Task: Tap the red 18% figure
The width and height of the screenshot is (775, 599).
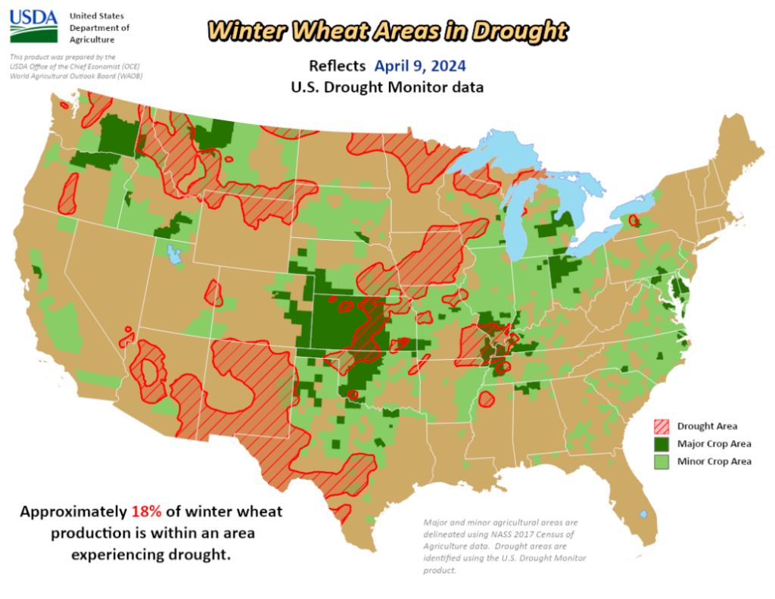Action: [147, 511]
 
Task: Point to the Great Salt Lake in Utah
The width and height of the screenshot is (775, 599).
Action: [174, 254]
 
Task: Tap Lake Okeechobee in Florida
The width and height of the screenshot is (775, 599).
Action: [643, 514]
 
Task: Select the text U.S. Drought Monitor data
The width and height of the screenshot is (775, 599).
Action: [387, 87]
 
